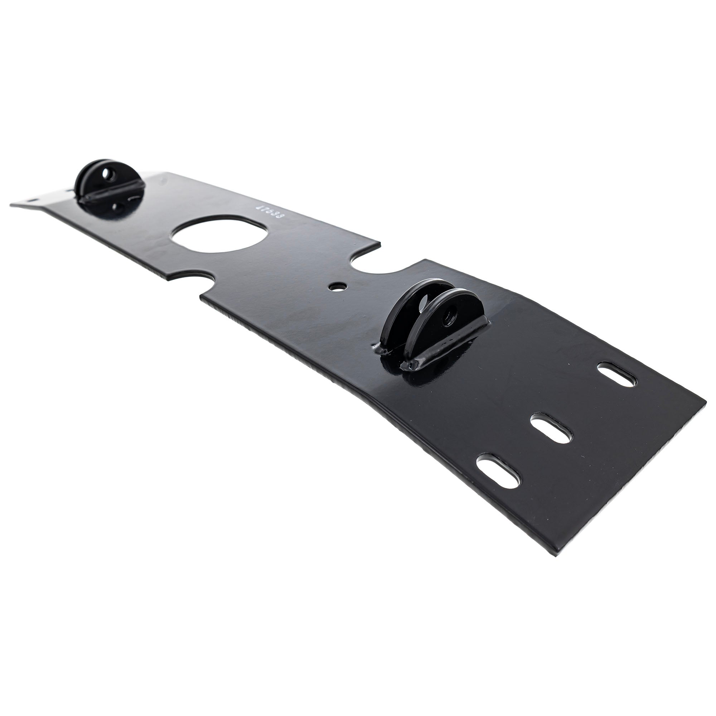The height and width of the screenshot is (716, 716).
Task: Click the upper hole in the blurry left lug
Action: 107,173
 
